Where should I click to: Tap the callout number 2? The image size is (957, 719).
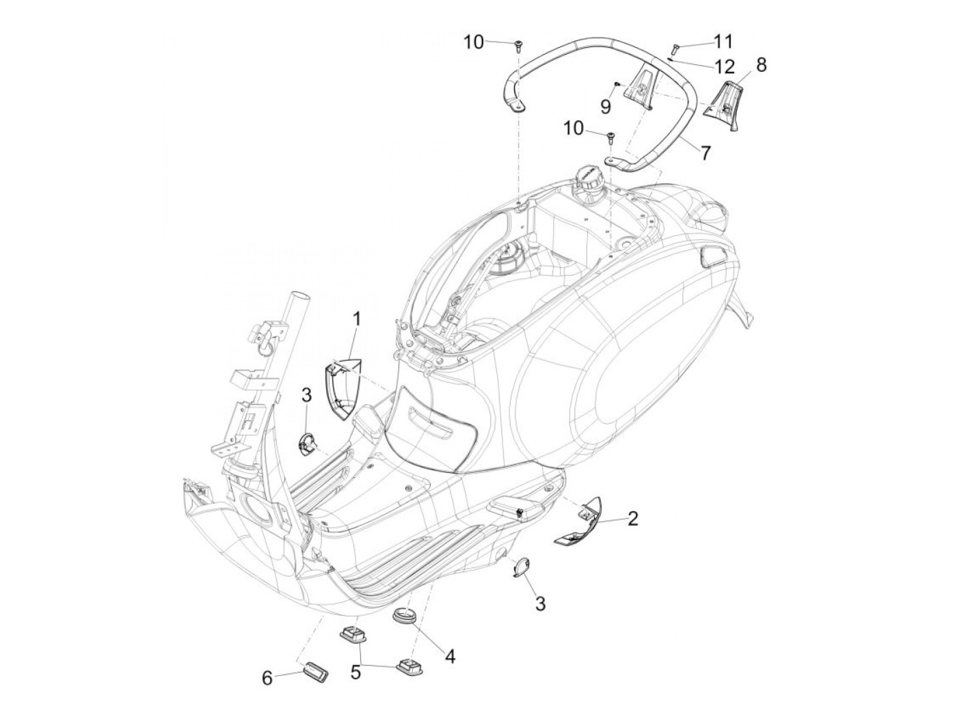click(632, 519)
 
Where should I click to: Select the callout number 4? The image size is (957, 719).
click(449, 656)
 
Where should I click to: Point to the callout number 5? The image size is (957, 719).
click(355, 672)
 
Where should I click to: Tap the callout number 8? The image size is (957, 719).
click(761, 65)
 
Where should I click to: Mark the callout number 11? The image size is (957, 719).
click(723, 42)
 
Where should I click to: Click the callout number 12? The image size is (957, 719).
click(725, 66)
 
